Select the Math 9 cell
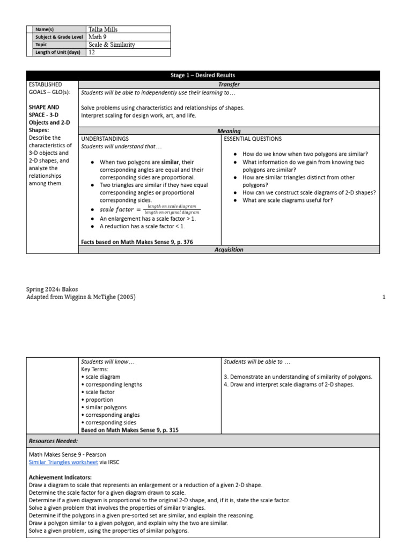[x=97, y=37]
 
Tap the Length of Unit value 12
[x=92, y=53]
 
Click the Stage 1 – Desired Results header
[x=203, y=76]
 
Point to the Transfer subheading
[x=229, y=84]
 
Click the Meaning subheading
[x=229, y=131]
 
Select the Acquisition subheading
[x=229, y=250]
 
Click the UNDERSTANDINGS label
[x=105, y=139]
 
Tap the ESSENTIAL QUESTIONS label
[x=253, y=139]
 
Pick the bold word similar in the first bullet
[x=171, y=162]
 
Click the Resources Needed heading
[x=54, y=441]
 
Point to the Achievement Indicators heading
[x=60, y=477]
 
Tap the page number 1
[x=384, y=297]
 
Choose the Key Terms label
[x=94, y=370]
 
